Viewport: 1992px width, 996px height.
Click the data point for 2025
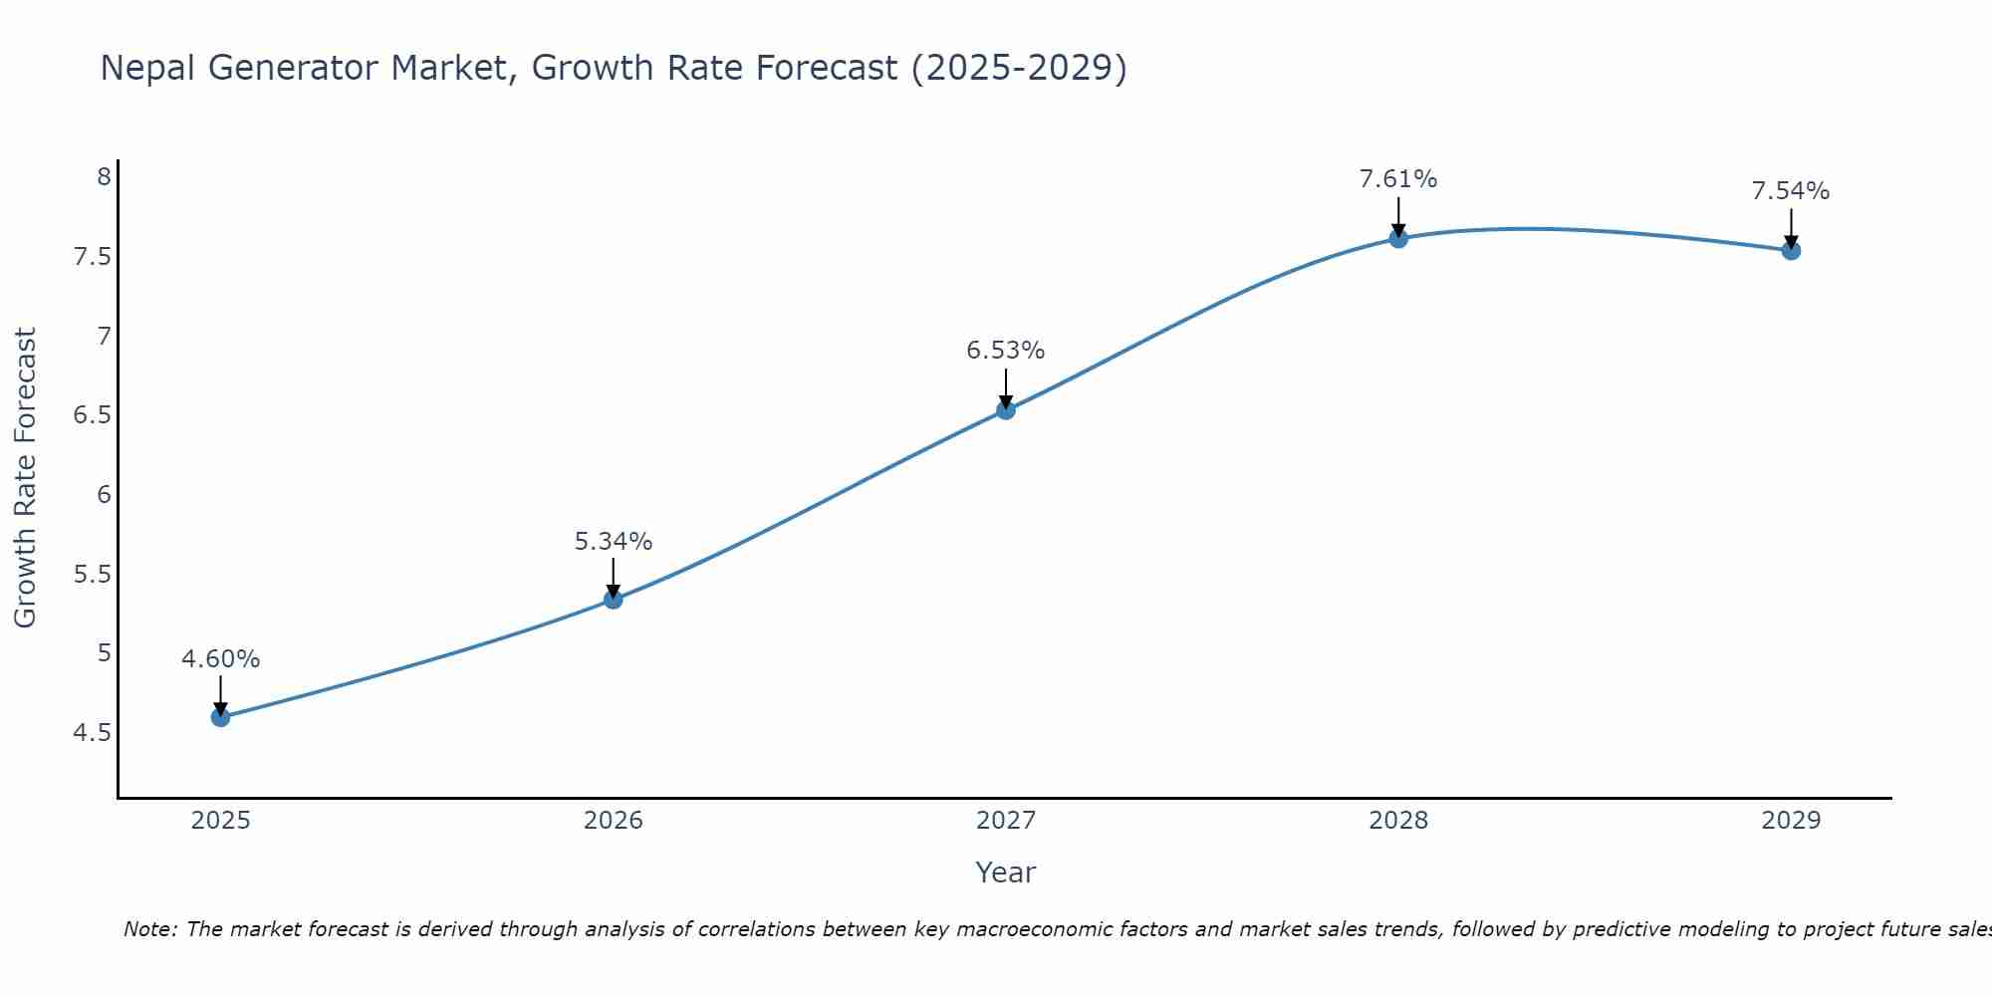point(220,717)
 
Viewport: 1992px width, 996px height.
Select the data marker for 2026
point(614,600)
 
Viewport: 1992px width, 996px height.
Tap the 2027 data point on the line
point(1006,409)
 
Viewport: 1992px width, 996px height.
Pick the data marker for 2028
point(1398,238)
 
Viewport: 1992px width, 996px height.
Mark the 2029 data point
point(1791,250)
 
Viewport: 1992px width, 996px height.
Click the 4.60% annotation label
point(220,659)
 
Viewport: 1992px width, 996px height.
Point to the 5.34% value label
point(614,542)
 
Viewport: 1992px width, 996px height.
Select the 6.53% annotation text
point(1006,351)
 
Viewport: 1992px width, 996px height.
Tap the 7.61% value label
point(1398,179)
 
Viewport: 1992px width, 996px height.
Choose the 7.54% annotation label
point(1791,191)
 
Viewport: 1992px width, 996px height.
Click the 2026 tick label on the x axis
point(614,821)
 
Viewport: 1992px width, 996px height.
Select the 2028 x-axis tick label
point(1398,821)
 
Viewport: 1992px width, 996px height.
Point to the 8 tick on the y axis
point(104,177)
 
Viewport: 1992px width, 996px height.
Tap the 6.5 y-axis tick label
point(93,415)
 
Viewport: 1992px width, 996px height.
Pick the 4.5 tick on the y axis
point(93,733)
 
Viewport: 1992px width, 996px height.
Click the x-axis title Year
point(1006,872)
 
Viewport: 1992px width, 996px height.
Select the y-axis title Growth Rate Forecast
point(25,478)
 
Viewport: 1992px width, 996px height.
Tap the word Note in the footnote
point(149,929)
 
